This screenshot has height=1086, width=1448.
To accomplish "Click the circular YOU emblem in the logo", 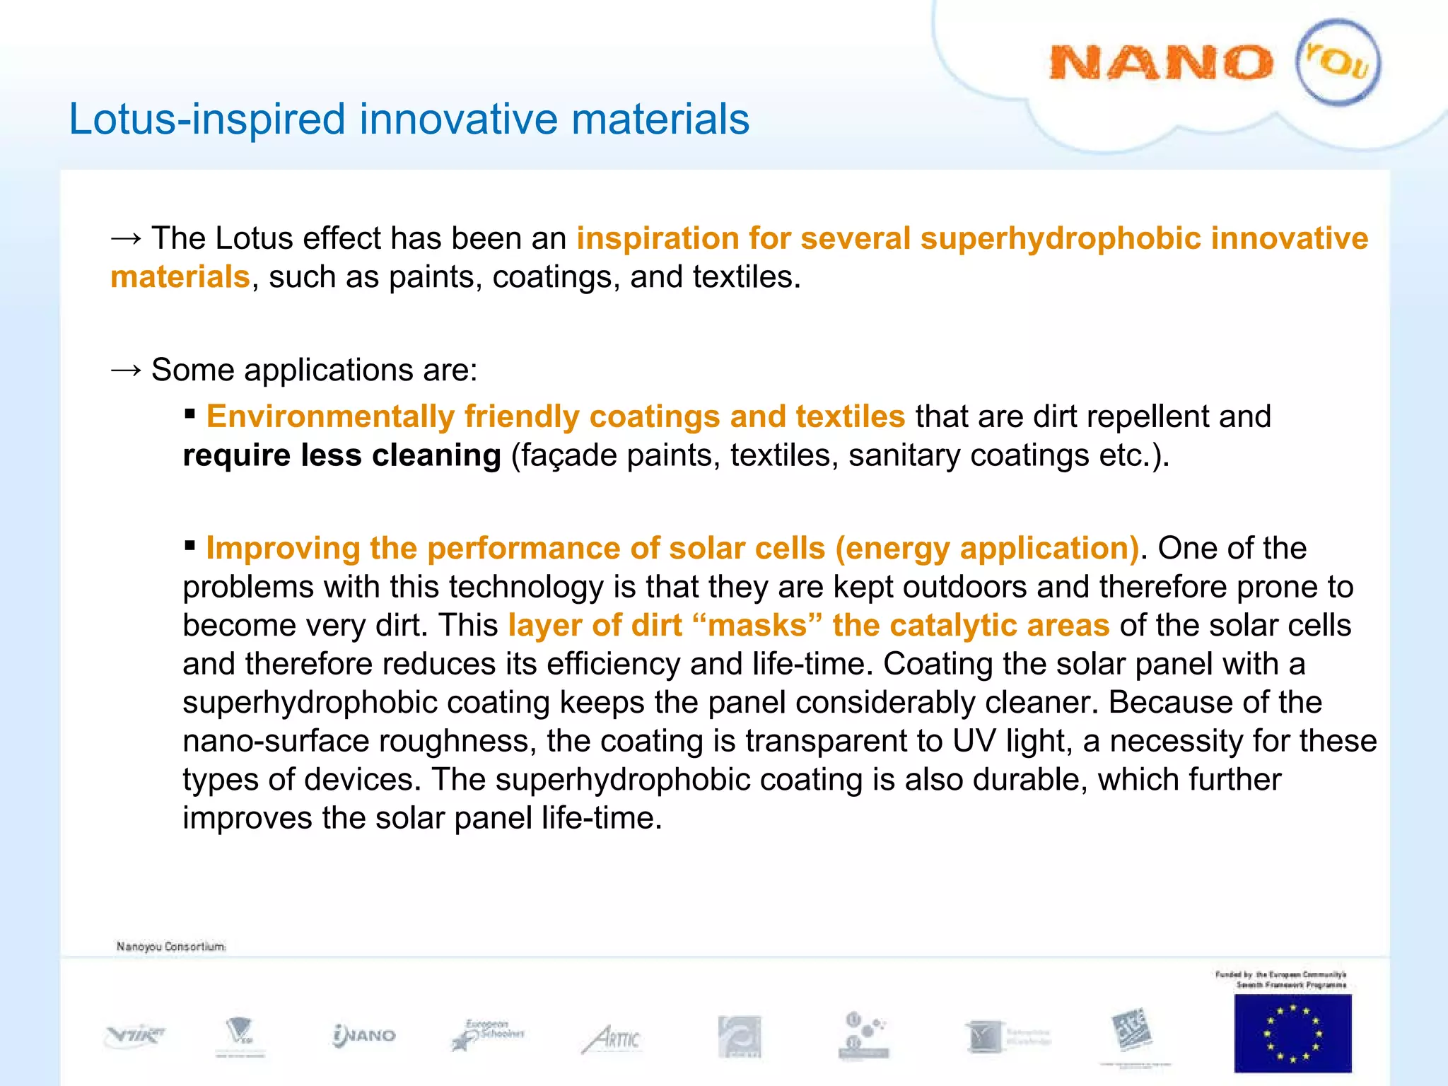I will (1338, 62).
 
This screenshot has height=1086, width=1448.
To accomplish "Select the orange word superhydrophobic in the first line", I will (1060, 238).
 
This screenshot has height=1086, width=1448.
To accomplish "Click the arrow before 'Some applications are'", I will (126, 370).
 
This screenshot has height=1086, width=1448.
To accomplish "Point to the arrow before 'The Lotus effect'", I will (126, 238).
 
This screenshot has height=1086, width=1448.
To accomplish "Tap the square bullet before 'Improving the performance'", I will (189, 545).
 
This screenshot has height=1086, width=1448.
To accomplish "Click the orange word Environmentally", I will (330, 416).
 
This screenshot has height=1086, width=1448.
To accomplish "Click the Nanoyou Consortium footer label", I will (171, 946).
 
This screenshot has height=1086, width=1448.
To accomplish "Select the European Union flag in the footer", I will (1292, 1033).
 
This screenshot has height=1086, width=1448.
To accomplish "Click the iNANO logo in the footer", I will (364, 1036).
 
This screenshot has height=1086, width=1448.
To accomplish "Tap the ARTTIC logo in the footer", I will (612, 1039).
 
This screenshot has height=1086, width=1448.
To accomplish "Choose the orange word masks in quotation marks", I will (757, 625).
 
